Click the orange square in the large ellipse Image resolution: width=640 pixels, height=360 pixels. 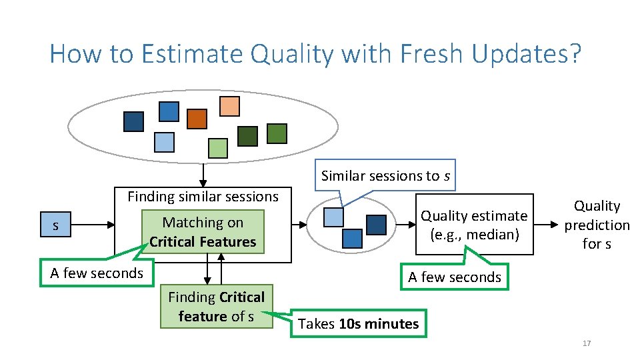(197, 119)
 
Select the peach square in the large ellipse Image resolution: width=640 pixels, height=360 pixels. (229, 107)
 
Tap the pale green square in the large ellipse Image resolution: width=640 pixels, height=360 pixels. (217, 148)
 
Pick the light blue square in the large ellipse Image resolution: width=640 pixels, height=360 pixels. (164, 142)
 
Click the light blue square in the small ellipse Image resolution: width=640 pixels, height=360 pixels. (333, 217)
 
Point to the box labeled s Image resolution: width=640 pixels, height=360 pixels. (55, 226)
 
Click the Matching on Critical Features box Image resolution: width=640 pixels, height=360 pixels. (203, 232)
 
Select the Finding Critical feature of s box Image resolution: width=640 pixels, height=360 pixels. (217, 307)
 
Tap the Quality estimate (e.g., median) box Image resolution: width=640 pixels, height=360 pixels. (474, 225)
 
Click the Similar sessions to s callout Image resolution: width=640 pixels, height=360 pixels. (385, 175)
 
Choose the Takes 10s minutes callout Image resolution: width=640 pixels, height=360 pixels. (358, 324)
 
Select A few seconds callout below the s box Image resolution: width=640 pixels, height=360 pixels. (97, 273)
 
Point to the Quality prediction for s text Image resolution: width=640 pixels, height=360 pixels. (597, 225)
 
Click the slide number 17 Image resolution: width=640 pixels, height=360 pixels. (587, 343)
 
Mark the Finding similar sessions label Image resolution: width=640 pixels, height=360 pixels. (203, 197)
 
